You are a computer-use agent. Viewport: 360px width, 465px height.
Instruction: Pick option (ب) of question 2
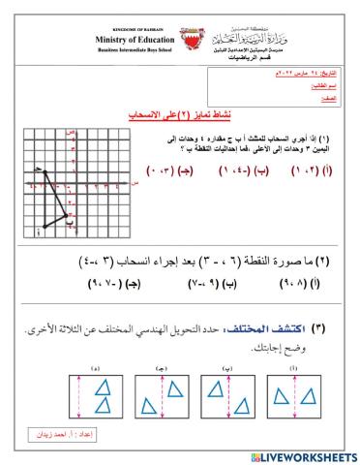click(x=227, y=284)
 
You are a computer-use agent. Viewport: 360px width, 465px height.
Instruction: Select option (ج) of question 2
click(x=124, y=284)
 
